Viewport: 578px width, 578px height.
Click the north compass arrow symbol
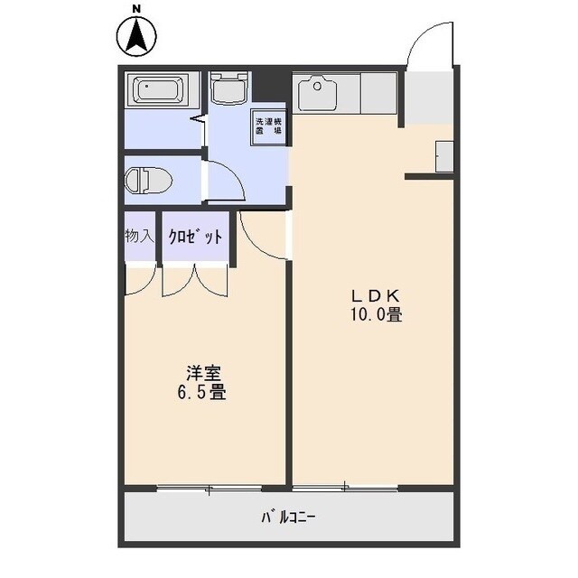(x=137, y=36)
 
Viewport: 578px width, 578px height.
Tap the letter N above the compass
(x=137, y=10)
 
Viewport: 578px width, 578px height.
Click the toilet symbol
(x=147, y=180)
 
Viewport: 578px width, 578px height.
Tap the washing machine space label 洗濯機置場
(x=268, y=126)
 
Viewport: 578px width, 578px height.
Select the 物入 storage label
(x=137, y=238)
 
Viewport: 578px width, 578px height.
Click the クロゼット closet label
(x=194, y=238)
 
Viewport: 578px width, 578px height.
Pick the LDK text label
(x=376, y=296)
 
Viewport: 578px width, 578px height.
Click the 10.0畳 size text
(x=376, y=315)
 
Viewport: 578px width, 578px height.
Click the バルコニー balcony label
(x=289, y=518)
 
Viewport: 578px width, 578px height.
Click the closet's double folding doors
(x=195, y=280)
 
